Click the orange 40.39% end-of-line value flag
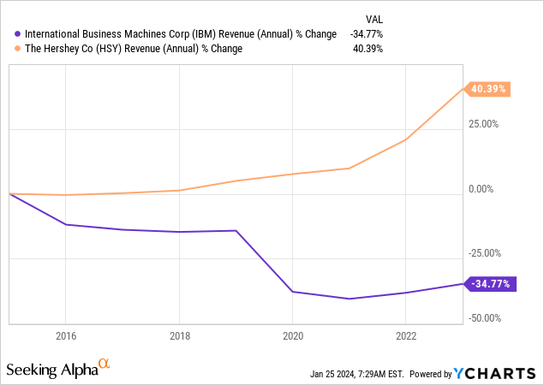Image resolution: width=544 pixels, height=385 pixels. tap(487, 89)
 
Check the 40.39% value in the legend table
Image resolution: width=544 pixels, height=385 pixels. tap(368, 49)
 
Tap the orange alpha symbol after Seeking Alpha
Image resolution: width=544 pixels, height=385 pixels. tap(105, 364)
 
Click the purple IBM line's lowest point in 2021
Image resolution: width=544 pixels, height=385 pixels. tap(349, 299)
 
